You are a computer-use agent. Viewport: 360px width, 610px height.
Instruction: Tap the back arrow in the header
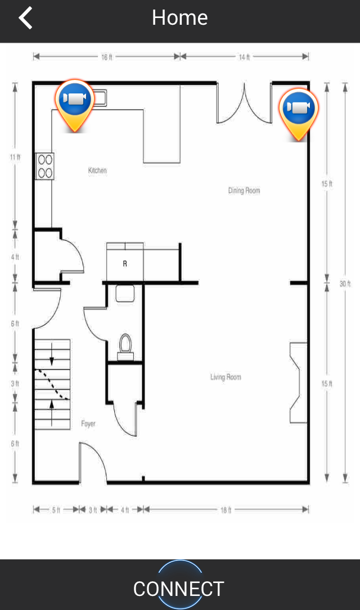pyautogui.click(x=26, y=18)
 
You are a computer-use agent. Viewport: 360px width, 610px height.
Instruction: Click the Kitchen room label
pyautogui.click(x=97, y=171)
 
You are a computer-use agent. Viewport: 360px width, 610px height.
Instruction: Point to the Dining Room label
pyautogui.click(x=244, y=190)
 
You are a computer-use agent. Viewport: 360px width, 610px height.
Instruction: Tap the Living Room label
pyautogui.click(x=226, y=377)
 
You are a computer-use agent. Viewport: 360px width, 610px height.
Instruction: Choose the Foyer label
pyautogui.click(x=88, y=424)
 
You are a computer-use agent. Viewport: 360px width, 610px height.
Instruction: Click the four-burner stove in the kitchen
pyautogui.click(x=44, y=166)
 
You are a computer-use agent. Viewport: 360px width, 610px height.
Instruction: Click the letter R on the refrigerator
pyautogui.click(x=125, y=264)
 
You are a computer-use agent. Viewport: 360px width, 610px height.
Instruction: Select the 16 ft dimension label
pyautogui.click(x=106, y=57)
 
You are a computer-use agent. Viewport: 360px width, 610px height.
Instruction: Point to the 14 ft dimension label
pyautogui.click(x=244, y=57)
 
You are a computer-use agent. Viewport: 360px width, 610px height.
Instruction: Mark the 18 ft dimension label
pyautogui.click(x=226, y=510)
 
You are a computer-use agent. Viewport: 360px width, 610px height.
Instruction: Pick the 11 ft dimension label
pyautogui.click(x=15, y=157)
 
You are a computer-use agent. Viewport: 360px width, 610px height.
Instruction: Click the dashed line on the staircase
pyautogui.click(x=52, y=384)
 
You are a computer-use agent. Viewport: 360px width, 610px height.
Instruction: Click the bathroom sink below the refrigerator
pyautogui.click(x=125, y=294)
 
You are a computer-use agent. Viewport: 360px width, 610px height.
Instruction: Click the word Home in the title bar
pyautogui.click(x=179, y=18)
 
